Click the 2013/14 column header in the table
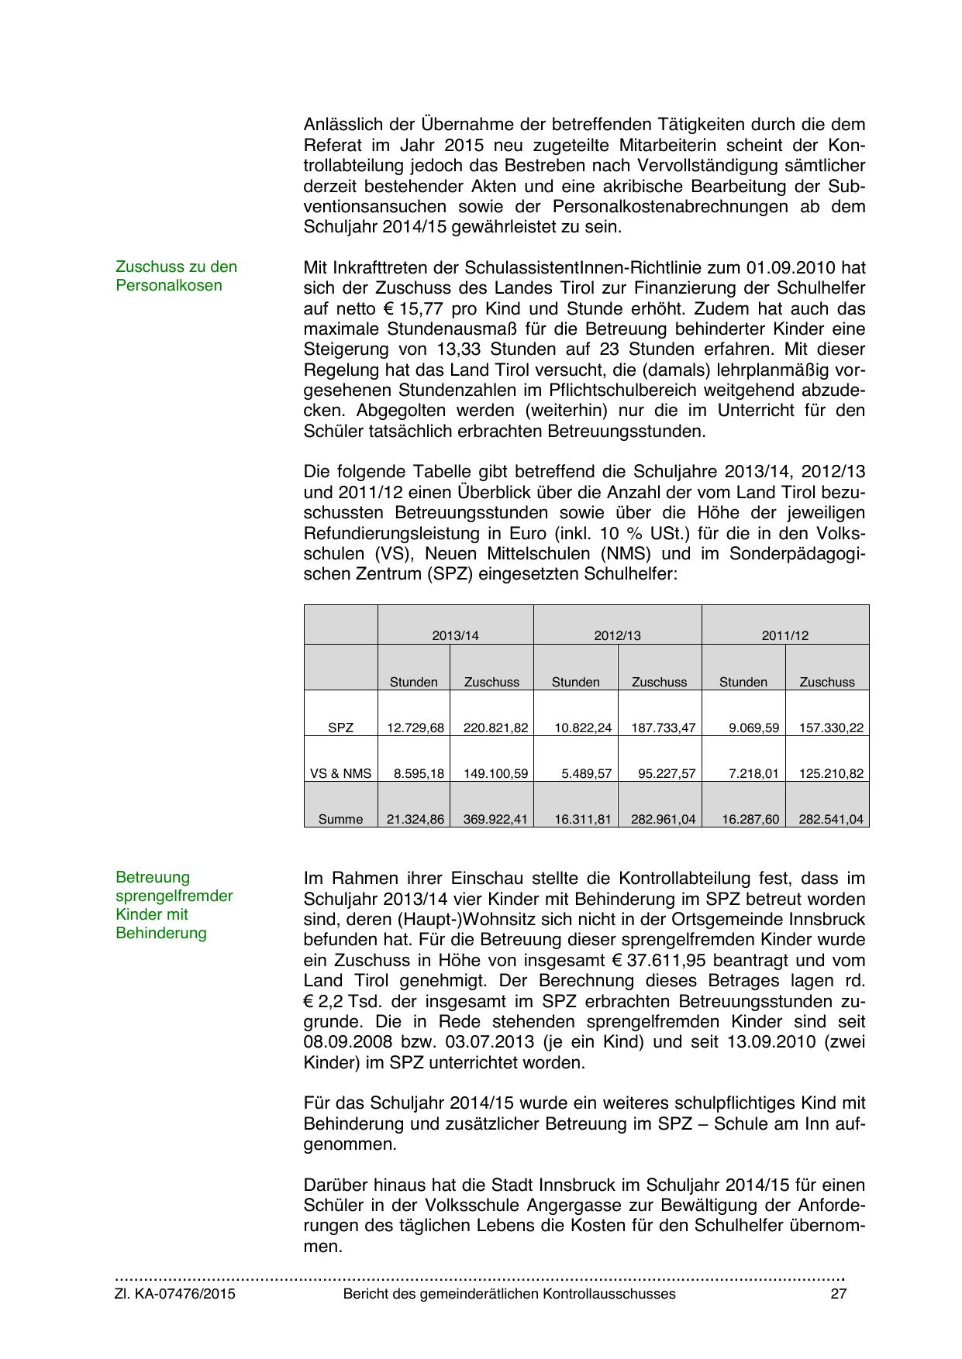coord(455,635)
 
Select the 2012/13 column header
coord(617,635)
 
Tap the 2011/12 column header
coord(784,635)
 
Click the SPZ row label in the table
coord(340,728)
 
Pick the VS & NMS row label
coord(340,773)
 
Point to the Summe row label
coord(340,819)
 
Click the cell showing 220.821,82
coord(495,728)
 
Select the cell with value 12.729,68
coord(415,728)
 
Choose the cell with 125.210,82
coord(831,773)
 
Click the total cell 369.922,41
coord(495,819)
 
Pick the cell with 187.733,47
coord(663,728)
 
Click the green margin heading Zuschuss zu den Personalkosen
coord(176,276)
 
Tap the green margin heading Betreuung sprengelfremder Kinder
coord(174,905)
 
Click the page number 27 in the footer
coord(838,1294)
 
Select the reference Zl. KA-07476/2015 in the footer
coord(175,1294)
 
